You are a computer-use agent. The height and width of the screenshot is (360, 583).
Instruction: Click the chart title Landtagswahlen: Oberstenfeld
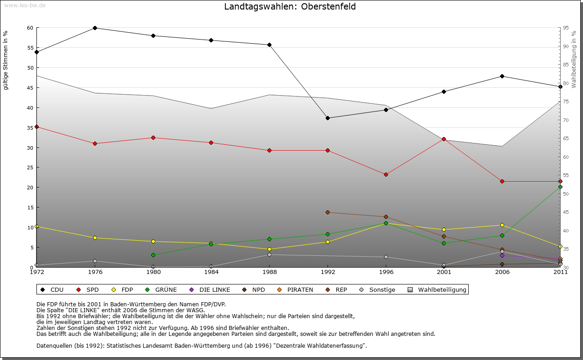pyautogui.click(x=290, y=7)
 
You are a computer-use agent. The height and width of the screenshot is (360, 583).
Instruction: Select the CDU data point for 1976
pyautogui.click(x=95, y=28)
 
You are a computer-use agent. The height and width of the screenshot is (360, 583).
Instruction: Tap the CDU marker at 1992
pyautogui.click(x=327, y=118)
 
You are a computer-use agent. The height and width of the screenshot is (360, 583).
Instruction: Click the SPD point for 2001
pyautogui.click(x=444, y=139)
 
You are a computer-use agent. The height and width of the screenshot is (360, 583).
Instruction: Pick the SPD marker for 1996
pyautogui.click(x=386, y=174)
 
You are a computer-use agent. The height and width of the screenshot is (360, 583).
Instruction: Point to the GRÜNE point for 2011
pyautogui.click(x=560, y=187)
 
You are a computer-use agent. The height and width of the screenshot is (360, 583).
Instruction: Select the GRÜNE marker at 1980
pyautogui.click(x=153, y=255)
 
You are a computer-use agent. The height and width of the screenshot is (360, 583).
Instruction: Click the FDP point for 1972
pyautogui.click(x=36, y=226)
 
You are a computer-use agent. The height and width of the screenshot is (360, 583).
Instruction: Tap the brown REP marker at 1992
pyautogui.click(x=327, y=212)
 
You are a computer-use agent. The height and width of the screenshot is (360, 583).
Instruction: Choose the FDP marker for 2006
pyautogui.click(x=502, y=225)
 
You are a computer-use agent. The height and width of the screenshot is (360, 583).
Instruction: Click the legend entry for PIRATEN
pyautogui.click(x=296, y=289)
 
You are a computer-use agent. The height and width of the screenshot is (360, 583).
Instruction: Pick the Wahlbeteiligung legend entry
pyautogui.click(x=438, y=289)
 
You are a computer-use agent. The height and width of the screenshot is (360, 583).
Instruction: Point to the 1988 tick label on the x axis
pyautogui.click(x=270, y=272)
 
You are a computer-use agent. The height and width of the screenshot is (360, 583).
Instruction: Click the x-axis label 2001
pyautogui.click(x=444, y=272)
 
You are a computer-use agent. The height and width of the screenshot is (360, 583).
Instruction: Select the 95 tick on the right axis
pyautogui.click(x=565, y=28)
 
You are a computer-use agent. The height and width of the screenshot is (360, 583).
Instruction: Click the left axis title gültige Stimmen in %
pyautogui.click(x=6, y=60)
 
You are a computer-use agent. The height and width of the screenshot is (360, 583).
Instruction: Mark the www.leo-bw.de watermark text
pyautogui.click(x=25, y=5)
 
